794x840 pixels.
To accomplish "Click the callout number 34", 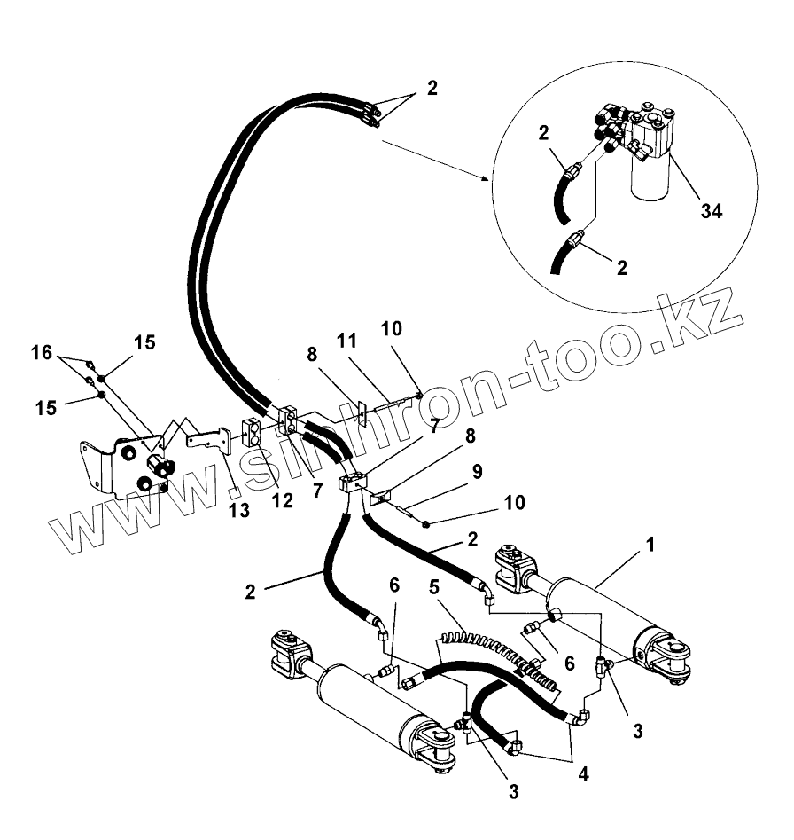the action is coord(711,211).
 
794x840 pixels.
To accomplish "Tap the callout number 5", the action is coord(434,586).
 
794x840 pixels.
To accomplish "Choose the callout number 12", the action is coord(282,500).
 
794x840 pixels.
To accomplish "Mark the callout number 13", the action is coord(238,510).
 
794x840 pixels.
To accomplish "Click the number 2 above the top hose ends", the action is coord(432,88).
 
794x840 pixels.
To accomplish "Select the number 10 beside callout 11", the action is coord(392,329).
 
